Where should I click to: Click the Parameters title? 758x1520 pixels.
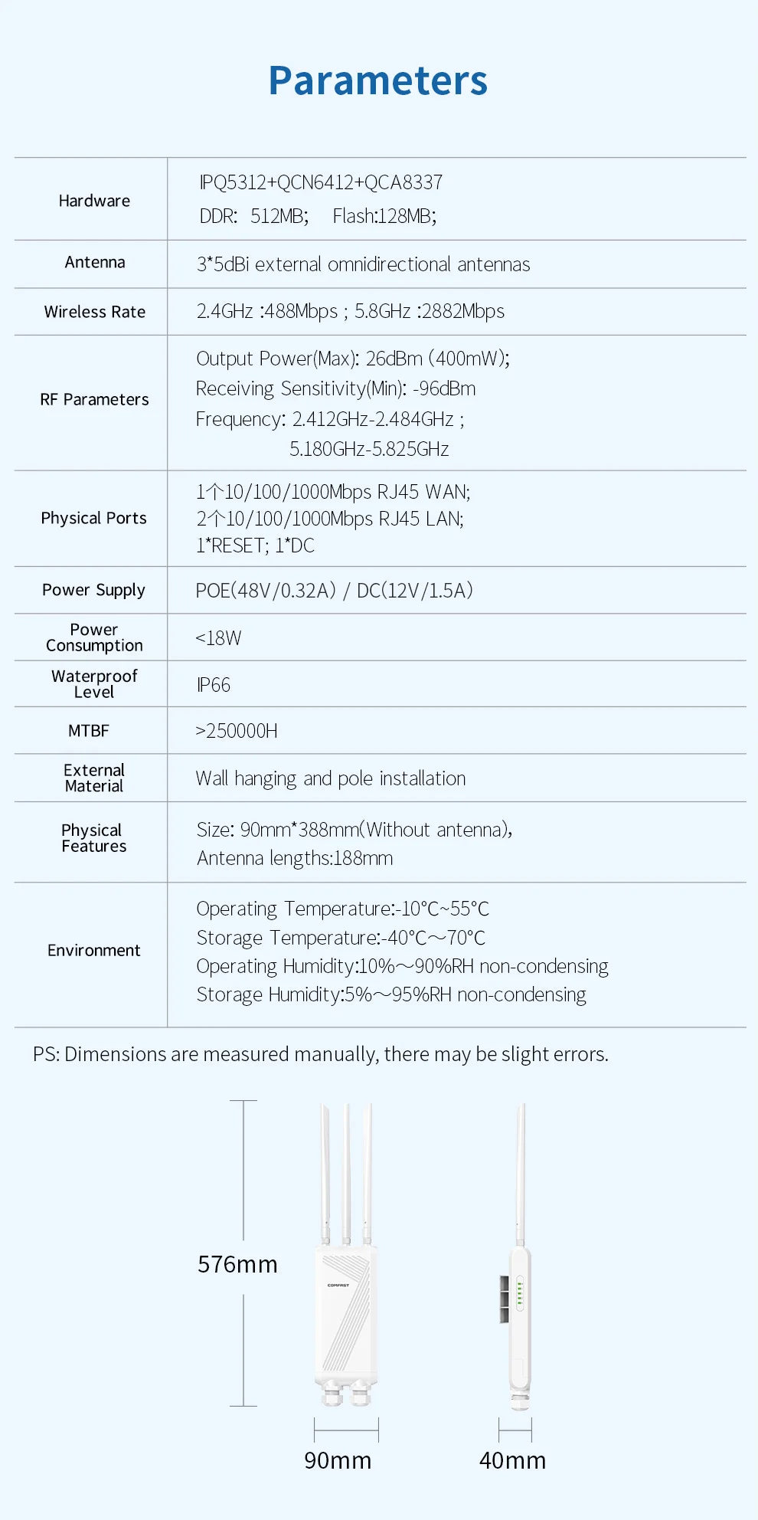[377, 80]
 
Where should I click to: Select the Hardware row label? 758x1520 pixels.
[94, 201]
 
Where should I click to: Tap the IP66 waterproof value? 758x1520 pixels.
[213, 685]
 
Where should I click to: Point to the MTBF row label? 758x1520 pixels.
[89, 731]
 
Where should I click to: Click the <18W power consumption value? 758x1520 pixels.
[218, 638]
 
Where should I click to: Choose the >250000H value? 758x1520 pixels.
[236, 731]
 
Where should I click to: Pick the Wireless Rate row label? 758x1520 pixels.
[94, 312]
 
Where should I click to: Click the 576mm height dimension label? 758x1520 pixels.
[237, 1264]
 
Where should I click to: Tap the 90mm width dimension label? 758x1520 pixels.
[338, 1460]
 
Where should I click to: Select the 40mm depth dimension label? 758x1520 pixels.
[512, 1460]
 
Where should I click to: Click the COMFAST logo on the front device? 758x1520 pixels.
[338, 1285]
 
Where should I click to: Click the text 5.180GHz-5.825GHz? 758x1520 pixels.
[369, 449]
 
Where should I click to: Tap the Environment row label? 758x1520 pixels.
[93, 951]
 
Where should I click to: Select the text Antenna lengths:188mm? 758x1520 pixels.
[295, 858]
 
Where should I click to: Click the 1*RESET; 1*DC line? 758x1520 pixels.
[255, 545]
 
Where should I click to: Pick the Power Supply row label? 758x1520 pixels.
[93, 590]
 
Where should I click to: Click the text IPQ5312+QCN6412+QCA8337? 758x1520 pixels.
[321, 182]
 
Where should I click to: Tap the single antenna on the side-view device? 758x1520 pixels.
[521, 1172]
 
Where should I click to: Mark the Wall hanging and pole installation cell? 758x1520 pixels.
[331, 778]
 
